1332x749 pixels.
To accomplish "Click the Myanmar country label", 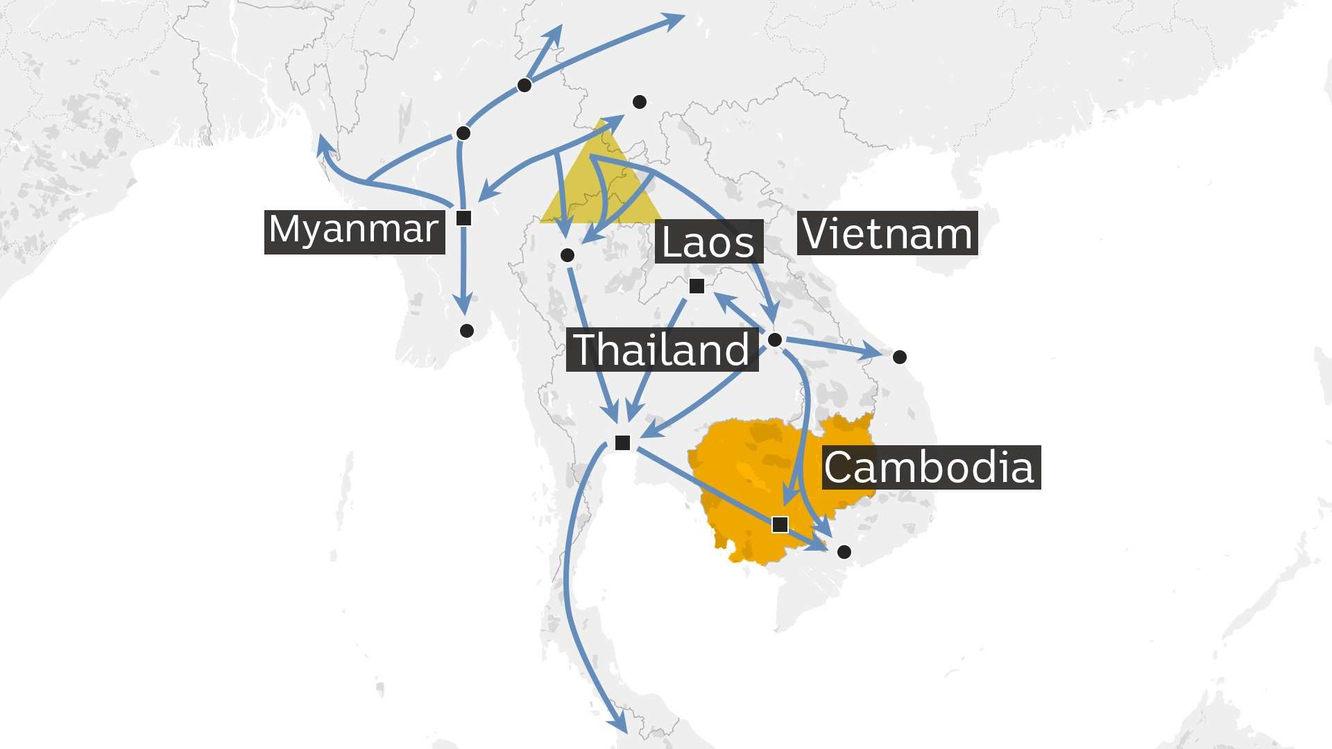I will (354, 230).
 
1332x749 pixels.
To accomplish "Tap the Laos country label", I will (708, 242).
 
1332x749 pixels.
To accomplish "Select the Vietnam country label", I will (887, 234).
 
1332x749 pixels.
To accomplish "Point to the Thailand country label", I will (662, 349).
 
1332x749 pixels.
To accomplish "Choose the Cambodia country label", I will (930, 467).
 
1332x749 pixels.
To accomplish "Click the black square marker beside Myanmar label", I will (464, 218).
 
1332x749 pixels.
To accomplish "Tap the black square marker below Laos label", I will (697, 286).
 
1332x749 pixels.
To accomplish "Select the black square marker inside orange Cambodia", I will (780, 524).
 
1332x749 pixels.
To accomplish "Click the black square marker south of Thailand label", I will (622, 442).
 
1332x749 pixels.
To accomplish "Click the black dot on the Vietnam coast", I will (899, 357).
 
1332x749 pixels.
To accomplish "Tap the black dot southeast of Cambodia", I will (844, 552).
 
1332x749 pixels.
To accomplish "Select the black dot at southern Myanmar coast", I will (467, 331).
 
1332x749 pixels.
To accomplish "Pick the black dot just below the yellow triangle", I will (567, 255).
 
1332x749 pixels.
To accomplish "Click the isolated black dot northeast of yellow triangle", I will (640, 103).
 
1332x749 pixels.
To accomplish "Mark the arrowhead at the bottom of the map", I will (620, 726).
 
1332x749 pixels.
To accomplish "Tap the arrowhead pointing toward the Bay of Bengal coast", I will (323, 143).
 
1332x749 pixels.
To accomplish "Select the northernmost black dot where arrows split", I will (524, 85).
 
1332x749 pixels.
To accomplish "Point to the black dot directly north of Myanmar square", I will (463, 133).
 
